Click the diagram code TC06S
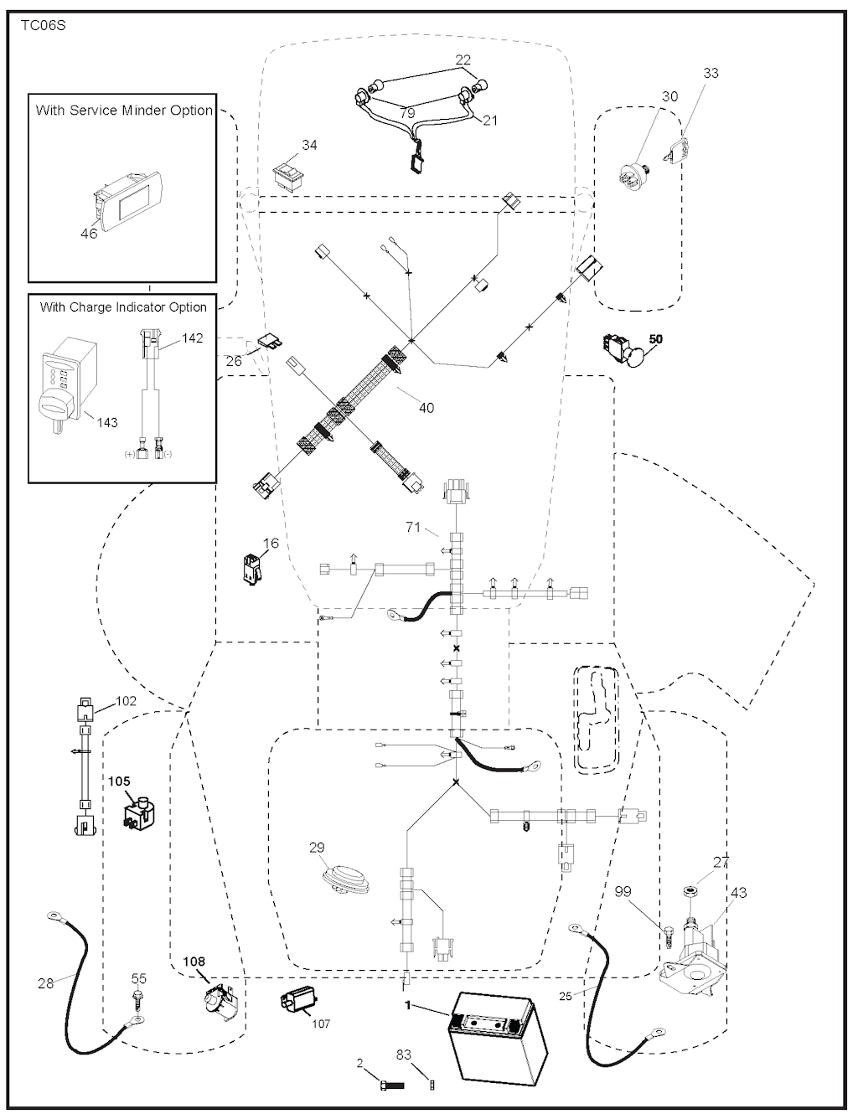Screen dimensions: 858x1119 [44, 26]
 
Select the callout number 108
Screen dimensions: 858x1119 [194, 961]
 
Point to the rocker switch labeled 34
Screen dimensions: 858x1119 [288, 178]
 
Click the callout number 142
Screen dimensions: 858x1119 [192, 338]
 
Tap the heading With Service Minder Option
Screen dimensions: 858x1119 [124, 111]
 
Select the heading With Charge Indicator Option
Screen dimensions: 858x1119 [123, 307]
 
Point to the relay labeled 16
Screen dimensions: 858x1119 [252, 570]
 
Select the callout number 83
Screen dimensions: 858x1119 [404, 1055]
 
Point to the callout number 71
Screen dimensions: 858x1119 [413, 527]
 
